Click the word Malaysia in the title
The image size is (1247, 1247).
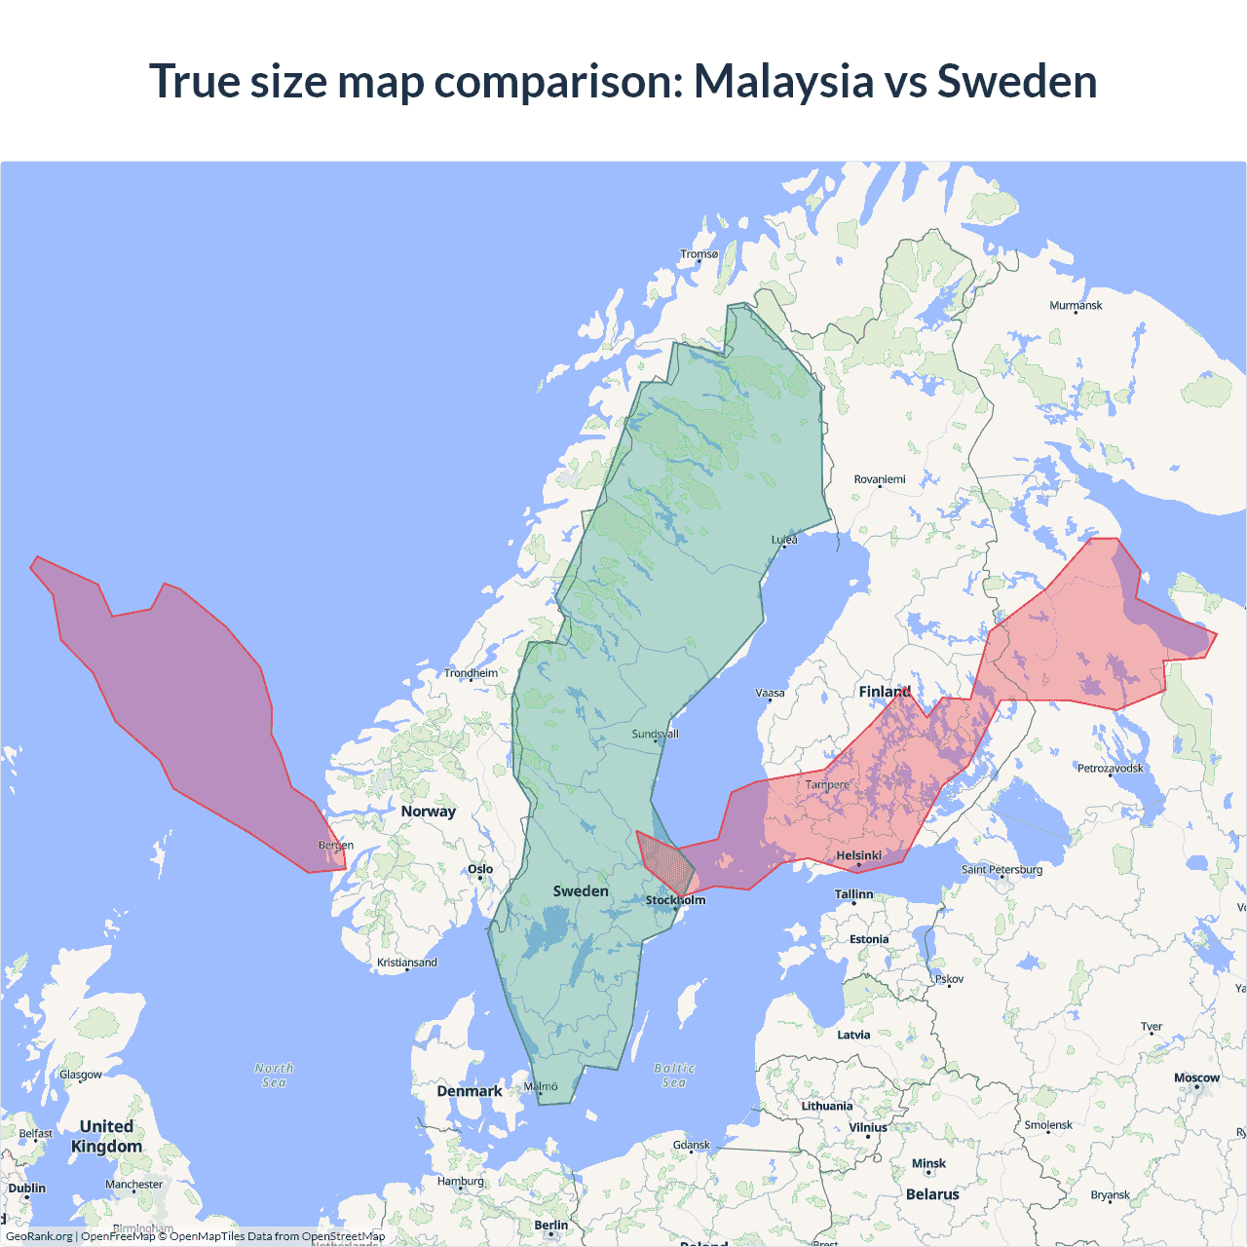click(x=783, y=81)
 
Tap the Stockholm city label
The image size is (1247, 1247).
click(x=675, y=900)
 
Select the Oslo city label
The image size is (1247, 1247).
click(x=480, y=869)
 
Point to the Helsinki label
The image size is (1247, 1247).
click(x=858, y=855)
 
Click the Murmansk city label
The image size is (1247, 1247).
click(x=1076, y=306)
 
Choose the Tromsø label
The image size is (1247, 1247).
click(x=699, y=254)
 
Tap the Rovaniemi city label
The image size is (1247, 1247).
click(x=880, y=479)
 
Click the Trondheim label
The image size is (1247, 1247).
click(x=471, y=673)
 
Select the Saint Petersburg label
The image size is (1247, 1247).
click(x=1001, y=869)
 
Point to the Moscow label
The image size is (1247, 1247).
click(x=1196, y=1077)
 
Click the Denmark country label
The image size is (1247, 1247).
click(x=469, y=1091)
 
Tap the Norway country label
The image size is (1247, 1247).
click(x=428, y=812)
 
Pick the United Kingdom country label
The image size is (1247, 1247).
click(x=106, y=1136)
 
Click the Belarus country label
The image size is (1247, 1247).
click(x=932, y=1194)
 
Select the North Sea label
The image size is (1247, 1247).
click(x=274, y=1076)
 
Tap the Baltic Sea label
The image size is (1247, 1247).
click(x=674, y=1076)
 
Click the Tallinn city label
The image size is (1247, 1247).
click(x=853, y=894)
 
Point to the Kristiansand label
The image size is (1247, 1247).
click(x=407, y=963)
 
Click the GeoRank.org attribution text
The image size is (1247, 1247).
click(x=39, y=1236)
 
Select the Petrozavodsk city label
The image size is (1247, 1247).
click(x=1110, y=769)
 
